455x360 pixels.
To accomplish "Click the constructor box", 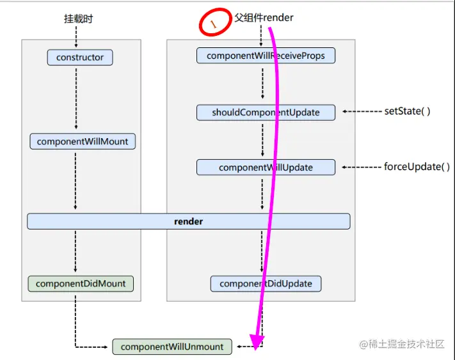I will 80,58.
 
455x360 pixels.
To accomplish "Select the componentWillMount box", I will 83,141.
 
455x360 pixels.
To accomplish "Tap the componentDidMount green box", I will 81,283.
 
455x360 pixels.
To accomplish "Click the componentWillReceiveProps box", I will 266,56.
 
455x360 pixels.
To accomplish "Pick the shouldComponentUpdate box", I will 266,113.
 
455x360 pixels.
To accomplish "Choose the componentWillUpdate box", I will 266,168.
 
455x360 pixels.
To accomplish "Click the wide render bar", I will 188,221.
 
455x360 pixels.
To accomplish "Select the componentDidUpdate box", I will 266,283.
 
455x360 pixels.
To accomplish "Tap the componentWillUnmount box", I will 172,347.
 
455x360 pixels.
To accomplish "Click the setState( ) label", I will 407,111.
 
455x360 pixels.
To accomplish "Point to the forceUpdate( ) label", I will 412,167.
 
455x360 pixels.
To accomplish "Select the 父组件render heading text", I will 264,18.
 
